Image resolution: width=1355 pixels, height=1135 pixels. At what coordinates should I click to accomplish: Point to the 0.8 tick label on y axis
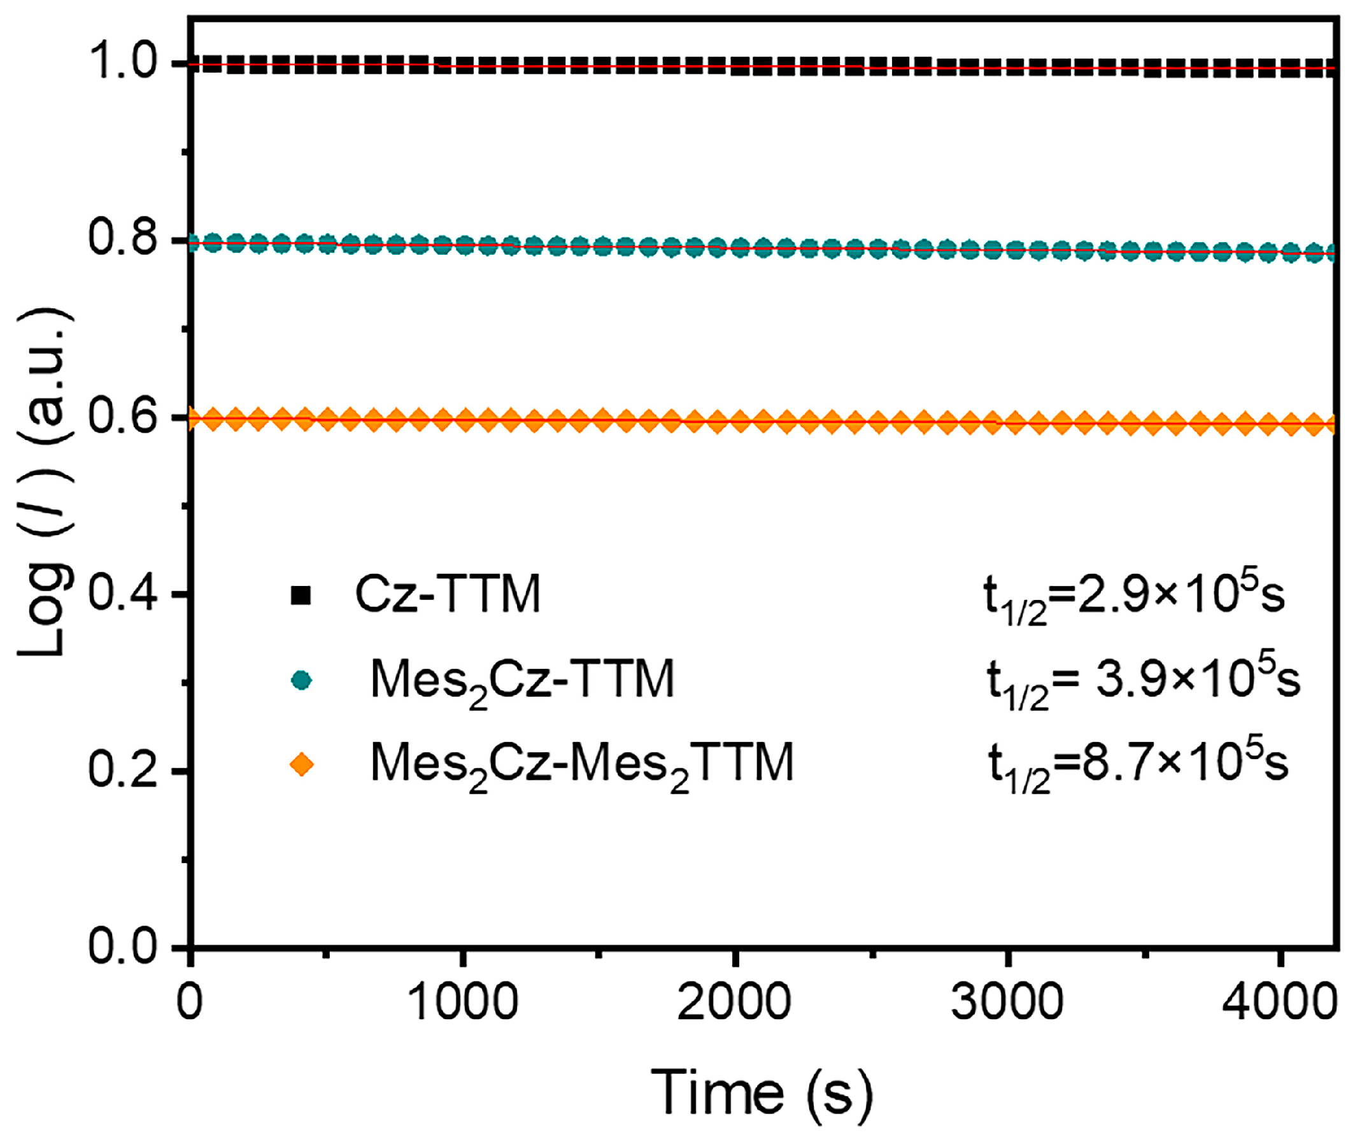(x=122, y=238)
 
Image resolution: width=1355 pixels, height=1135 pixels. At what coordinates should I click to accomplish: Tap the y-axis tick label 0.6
(x=122, y=416)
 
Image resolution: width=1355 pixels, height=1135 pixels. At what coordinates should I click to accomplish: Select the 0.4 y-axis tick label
(x=122, y=593)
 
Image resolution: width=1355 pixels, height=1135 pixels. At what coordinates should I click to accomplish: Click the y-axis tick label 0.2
(x=122, y=770)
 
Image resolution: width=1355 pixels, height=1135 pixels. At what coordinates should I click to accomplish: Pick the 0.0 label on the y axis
(x=122, y=946)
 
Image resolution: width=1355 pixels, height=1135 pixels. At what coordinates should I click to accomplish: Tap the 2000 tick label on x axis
(x=734, y=1003)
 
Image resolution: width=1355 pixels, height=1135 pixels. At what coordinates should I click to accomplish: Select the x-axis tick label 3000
(x=1007, y=1003)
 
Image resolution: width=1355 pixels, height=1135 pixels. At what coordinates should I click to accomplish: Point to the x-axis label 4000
(x=1279, y=1003)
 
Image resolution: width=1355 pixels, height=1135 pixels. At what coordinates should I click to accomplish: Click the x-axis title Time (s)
(x=762, y=1092)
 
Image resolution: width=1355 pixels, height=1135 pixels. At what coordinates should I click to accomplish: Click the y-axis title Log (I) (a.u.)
(x=44, y=481)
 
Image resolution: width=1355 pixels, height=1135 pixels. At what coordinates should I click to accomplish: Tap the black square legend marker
(x=301, y=595)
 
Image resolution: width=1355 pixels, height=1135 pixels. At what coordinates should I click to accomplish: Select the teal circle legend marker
(x=301, y=680)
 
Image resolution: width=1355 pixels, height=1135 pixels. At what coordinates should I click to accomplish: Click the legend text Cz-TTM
(x=448, y=594)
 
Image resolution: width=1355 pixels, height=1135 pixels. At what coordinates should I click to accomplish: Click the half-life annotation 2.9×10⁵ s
(x=1133, y=597)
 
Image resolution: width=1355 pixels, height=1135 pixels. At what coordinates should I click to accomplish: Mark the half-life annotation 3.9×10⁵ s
(x=1143, y=682)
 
